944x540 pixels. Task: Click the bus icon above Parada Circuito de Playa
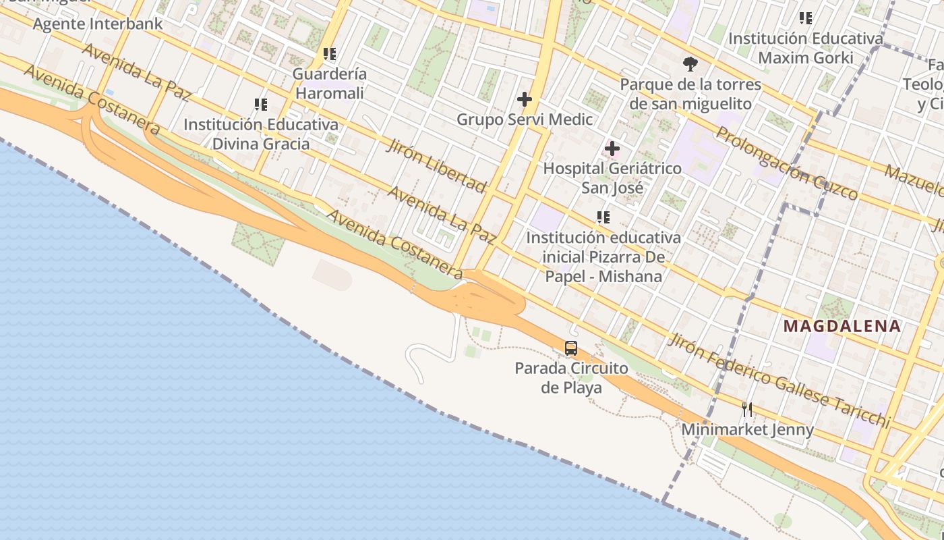click(x=571, y=348)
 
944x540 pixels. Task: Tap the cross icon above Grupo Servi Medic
click(x=525, y=100)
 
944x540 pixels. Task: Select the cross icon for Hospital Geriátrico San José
click(x=612, y=148)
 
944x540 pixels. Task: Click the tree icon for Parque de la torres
click(x=690, y=65)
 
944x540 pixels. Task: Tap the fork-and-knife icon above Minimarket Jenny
click(x=747, y=410)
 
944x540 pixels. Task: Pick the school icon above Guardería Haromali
click(x=330, y=54)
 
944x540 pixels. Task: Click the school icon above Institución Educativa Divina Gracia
click(x=261, y=105)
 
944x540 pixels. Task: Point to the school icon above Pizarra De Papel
click(x=603, y=217)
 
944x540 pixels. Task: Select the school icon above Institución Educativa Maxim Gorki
click(x=805, y=18)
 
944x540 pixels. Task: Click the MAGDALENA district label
click(x=842, y=327)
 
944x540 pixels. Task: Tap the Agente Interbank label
click(x=98, y=24)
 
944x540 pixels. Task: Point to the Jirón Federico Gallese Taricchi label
click(x=779, y=380)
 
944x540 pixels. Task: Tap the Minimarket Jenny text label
click(x=747, y=429)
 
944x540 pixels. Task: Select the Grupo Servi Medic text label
click(x=525, y=119)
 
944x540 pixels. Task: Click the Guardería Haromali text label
click(x=330, y=84)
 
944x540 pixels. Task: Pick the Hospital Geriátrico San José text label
click(x=612, y=178)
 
